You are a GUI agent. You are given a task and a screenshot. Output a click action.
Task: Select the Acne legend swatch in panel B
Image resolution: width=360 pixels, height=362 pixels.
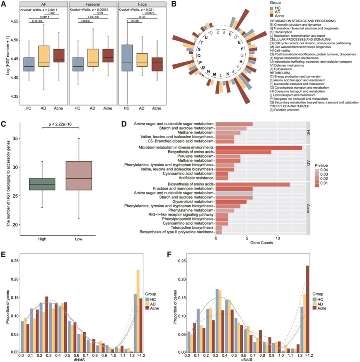272,16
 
